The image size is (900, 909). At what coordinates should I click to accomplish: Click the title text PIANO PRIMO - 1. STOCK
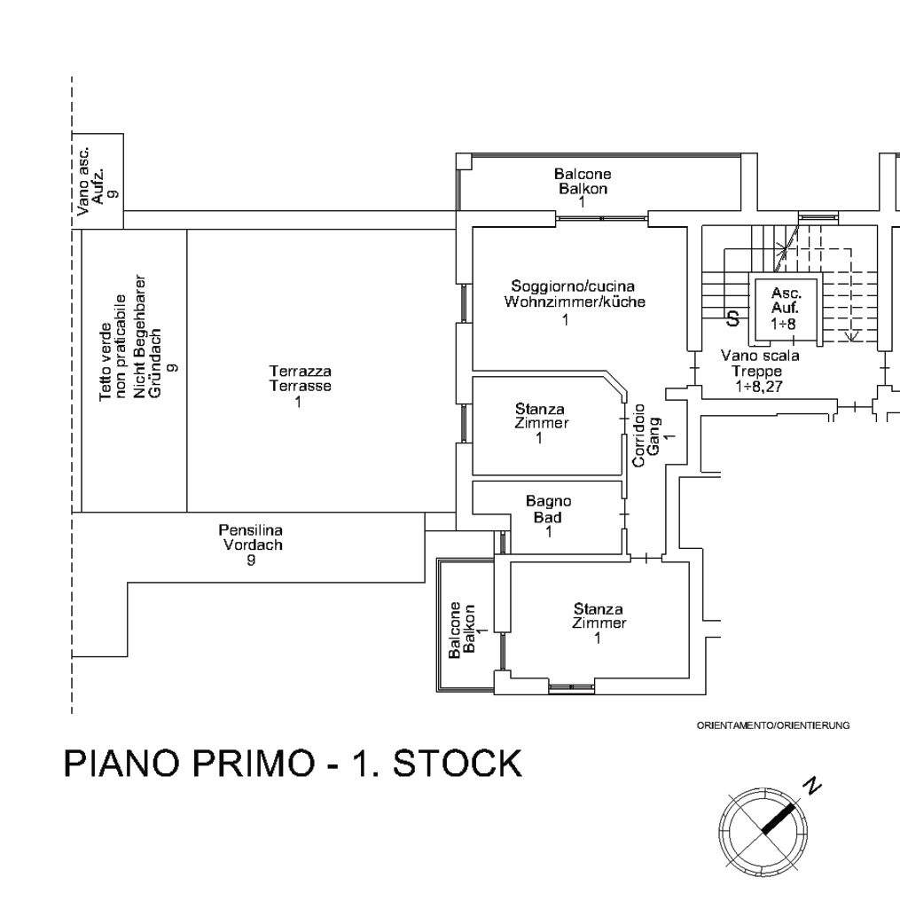click(x=293, y=764)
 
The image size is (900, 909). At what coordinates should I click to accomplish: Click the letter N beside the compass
click(x=811, y=785)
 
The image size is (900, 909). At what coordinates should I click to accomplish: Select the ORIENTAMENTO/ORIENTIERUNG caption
click(x=773, y=725)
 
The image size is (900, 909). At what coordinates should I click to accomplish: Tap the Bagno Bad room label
click(x=548, y=516)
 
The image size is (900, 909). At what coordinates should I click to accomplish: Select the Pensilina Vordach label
click(x=252, y=545)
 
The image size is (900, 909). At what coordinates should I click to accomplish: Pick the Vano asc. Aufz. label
click(x=97, y=181)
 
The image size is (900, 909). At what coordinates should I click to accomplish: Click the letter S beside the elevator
click(x=733, y=317)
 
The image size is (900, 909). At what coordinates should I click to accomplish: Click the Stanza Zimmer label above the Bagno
click(x=540, y=422)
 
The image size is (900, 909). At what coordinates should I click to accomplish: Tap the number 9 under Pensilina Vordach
click(x=252, y=560)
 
